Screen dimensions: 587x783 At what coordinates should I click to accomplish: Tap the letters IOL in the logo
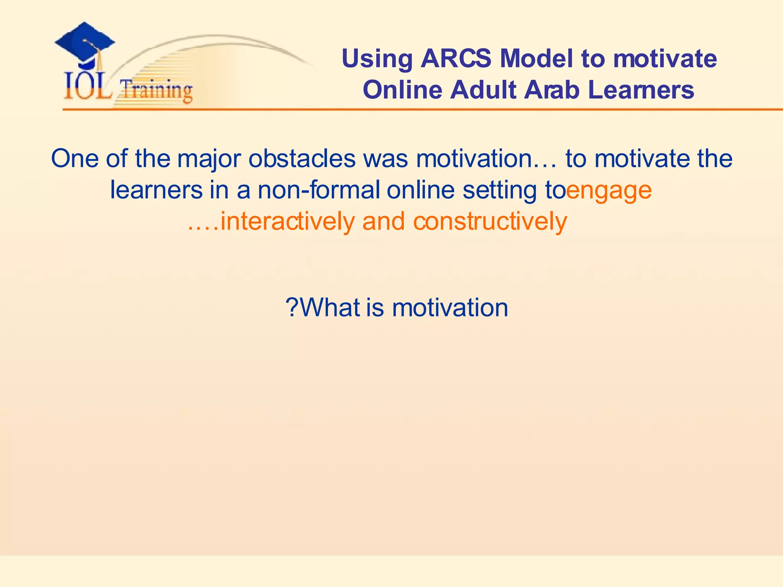click(87, 87)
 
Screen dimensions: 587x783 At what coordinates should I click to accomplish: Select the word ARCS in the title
click(456, 59)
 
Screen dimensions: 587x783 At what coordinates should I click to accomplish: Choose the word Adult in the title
click(483, 90)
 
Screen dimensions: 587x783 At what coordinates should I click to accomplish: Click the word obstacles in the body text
click(302, 158)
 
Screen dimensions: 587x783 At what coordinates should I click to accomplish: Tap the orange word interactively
click(288, 222)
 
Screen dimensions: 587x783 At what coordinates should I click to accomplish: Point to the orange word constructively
click(490, 222)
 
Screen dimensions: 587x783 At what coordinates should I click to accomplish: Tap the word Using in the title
click(377, 60)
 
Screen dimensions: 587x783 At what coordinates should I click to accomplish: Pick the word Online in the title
click(402, 90)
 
